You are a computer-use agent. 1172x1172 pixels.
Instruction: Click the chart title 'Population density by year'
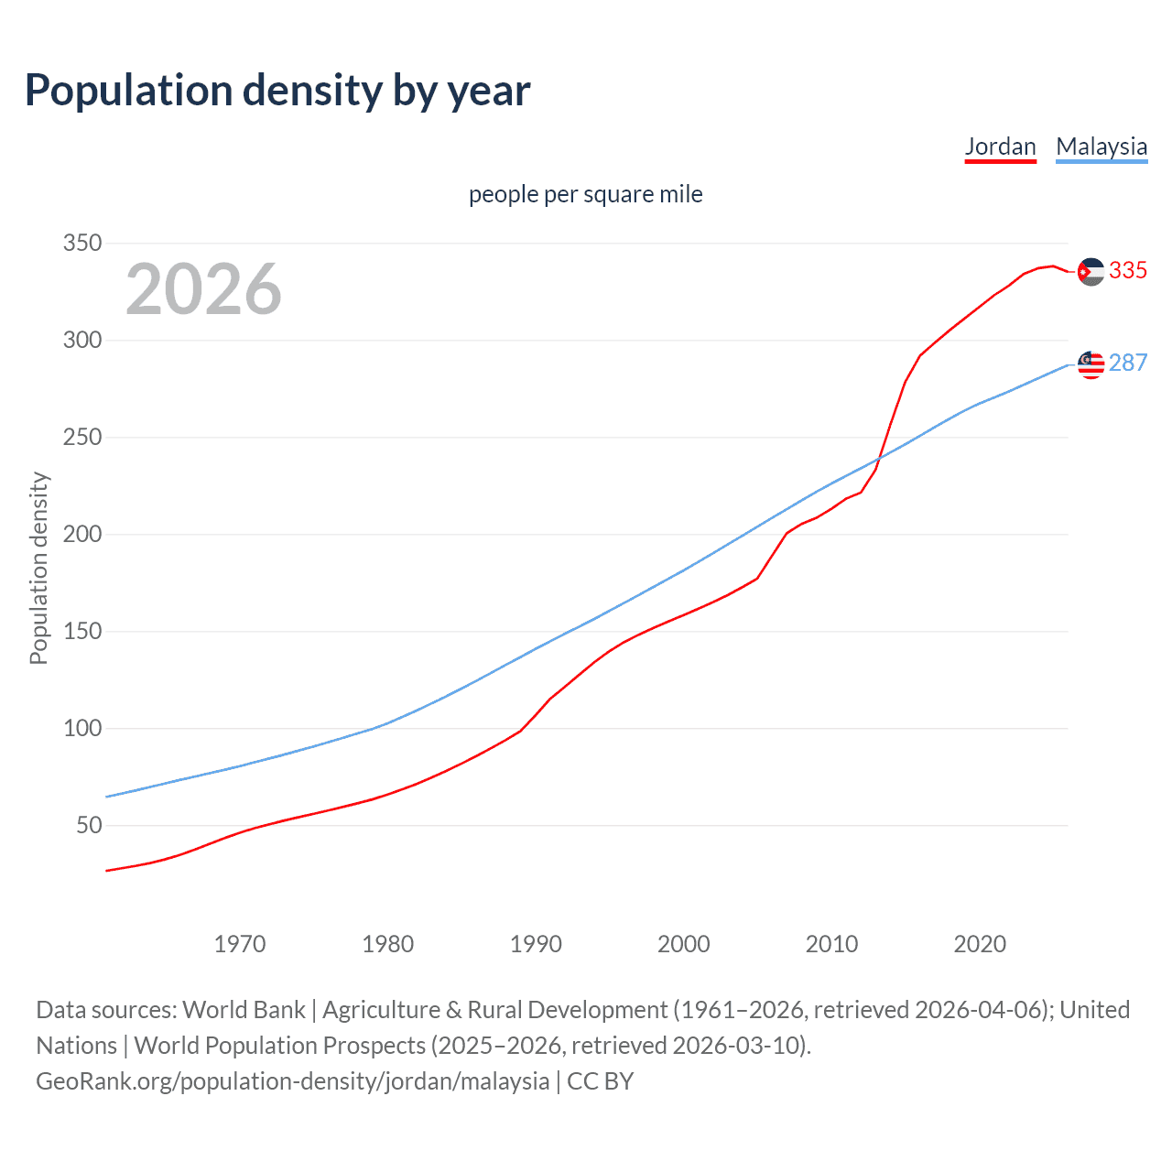(277, 91)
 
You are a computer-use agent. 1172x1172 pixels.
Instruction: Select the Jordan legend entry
(1000, 146)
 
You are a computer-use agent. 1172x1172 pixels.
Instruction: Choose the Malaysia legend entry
(1101, 146)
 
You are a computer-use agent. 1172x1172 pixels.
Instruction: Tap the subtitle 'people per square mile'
(585, 194)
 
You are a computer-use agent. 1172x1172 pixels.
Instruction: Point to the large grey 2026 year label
(203, 289)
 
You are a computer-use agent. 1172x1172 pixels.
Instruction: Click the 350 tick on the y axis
(81, 244)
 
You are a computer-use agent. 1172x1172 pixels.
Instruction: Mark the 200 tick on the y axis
(81, 535)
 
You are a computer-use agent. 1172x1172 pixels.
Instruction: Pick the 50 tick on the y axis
(89, 826)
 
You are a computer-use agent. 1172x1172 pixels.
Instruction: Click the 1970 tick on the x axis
(240, 944)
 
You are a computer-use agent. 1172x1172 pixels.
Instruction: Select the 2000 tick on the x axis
(684, 944)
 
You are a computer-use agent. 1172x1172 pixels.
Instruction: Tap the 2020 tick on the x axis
(980, 944)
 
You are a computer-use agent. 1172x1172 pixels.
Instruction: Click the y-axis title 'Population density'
(38, 568)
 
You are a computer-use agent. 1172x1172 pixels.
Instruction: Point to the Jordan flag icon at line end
(1091, 272)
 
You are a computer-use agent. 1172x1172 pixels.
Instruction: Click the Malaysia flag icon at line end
(1091, 364)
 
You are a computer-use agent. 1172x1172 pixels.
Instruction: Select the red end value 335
(1128, 271)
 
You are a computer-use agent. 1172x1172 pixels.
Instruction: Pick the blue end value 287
(1128, 364)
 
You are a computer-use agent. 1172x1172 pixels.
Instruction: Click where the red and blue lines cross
(880, 457)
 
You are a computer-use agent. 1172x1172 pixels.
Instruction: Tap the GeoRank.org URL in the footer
(292, 1081)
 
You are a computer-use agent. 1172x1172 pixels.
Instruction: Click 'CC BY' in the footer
(601, 1081)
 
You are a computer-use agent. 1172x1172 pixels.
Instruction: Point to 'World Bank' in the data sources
(244, 1010)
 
